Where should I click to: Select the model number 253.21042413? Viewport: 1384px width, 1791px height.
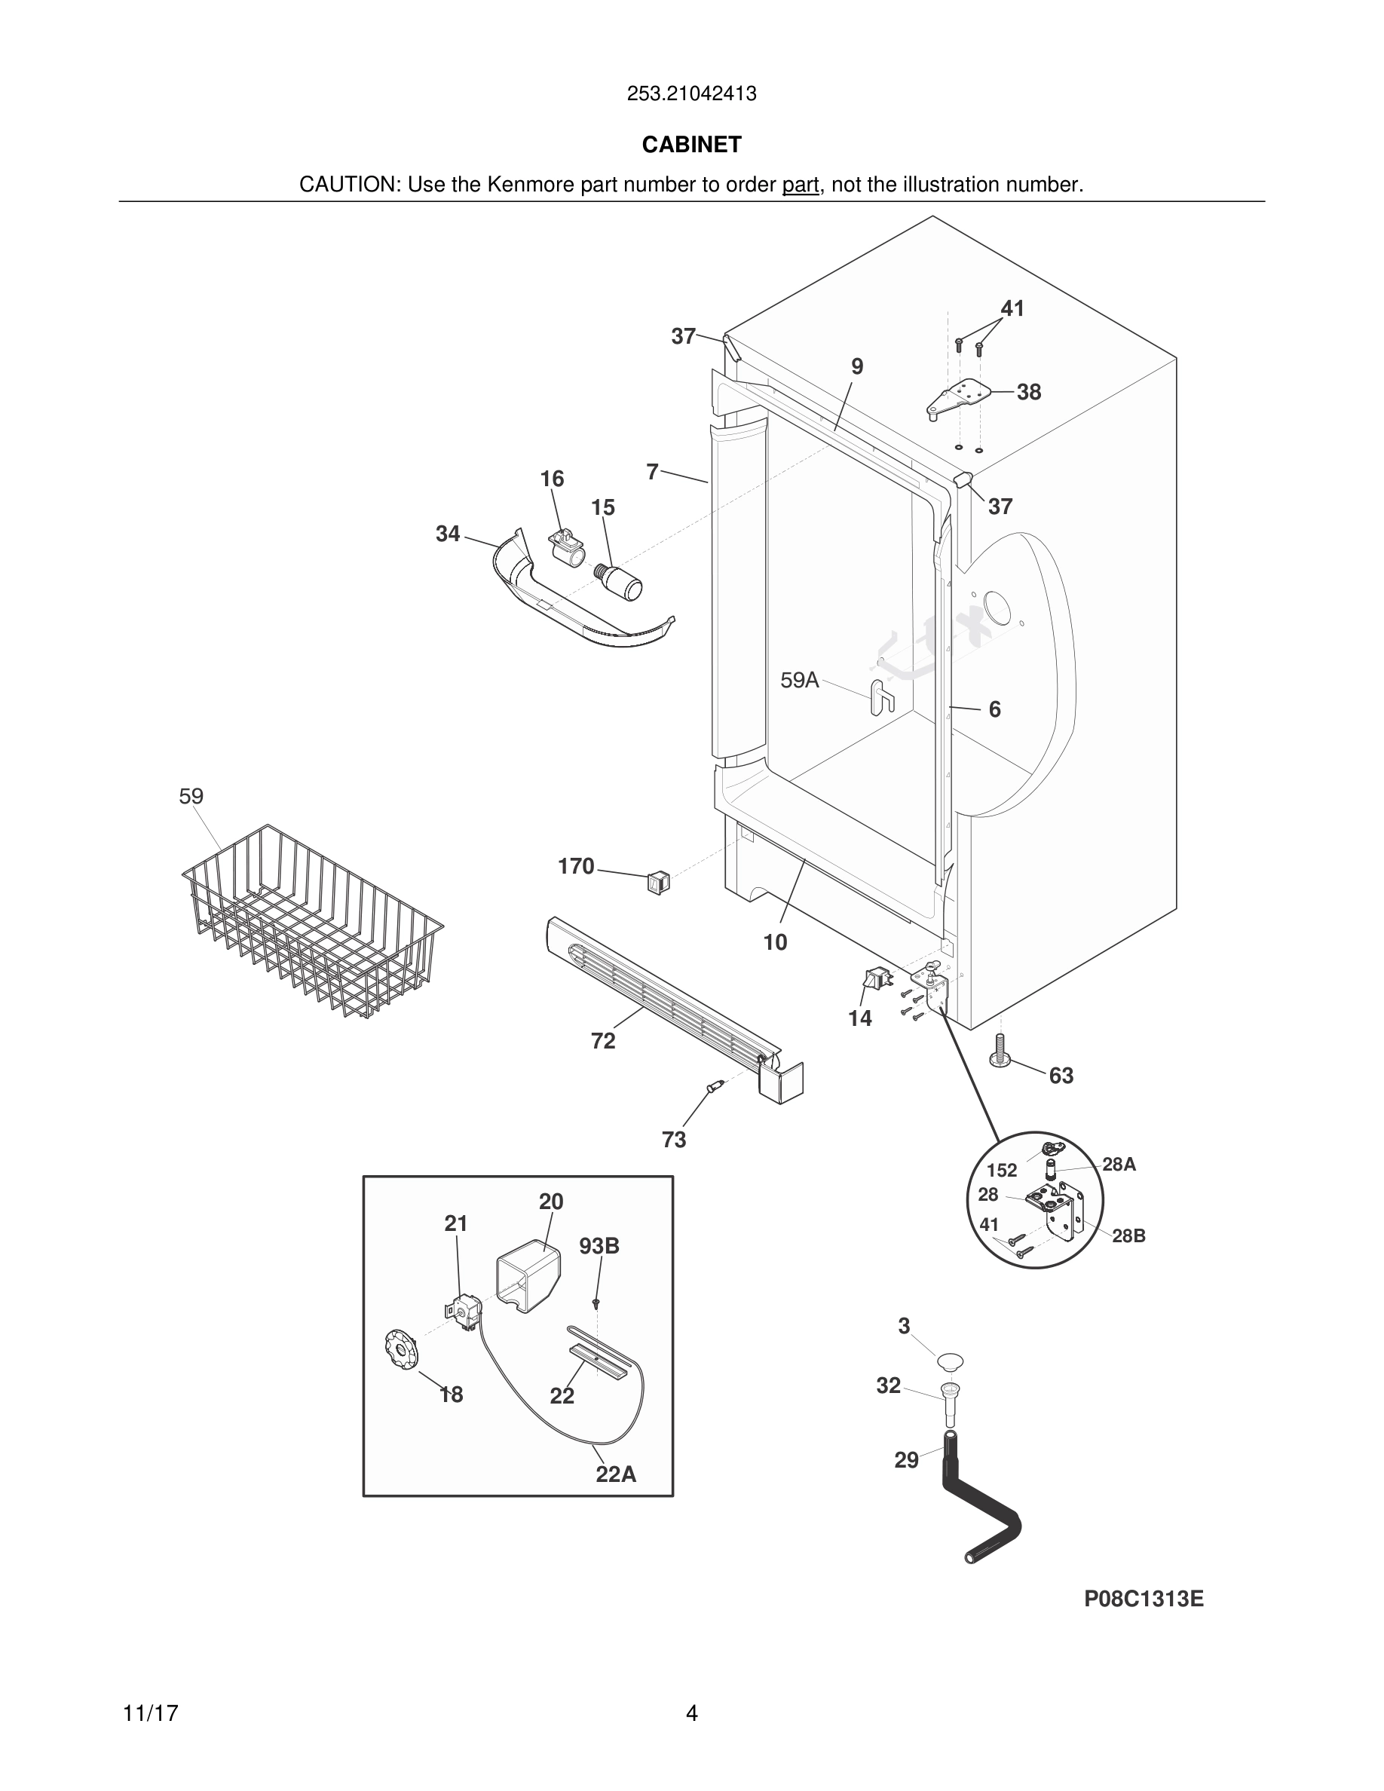(x=691, y=94)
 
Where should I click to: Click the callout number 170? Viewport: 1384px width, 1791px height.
(x=576, y=866)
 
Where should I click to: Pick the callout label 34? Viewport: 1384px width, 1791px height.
(x=447, y=534)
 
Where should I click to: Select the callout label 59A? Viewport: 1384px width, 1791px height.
(x=799, y=680)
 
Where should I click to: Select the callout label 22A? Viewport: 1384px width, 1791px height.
(x=616, y=1474)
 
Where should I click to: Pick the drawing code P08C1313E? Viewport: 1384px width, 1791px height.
(x=1144, y=1599)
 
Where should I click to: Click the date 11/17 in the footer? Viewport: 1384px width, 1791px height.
(x=150, y=1713)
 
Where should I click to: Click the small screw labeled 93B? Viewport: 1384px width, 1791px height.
(x=597, y=1303)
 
